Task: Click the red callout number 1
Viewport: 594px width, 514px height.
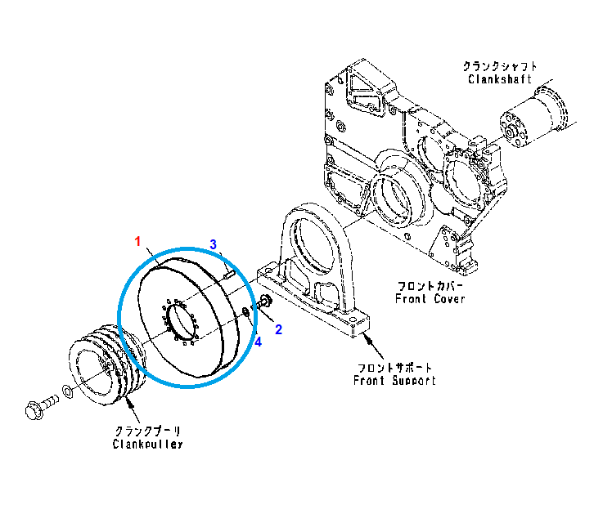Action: point(138,241)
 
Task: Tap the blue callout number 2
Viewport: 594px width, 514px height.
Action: point(278,329)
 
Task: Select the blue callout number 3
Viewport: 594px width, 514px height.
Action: point(213,244)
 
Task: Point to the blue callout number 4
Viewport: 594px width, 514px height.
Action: point(258,342)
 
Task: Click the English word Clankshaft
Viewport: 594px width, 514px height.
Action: point(500,79)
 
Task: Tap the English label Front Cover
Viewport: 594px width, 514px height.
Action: point(430,299)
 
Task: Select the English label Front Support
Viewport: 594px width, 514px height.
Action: point(394,381)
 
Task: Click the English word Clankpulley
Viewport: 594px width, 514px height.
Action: point(147,444)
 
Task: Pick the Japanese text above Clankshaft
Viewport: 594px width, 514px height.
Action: point(500,65)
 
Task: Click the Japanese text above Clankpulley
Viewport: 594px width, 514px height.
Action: point(147,431)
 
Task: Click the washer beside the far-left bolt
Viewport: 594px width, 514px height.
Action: point(68,394)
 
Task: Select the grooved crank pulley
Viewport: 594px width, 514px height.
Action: point(102,365)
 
